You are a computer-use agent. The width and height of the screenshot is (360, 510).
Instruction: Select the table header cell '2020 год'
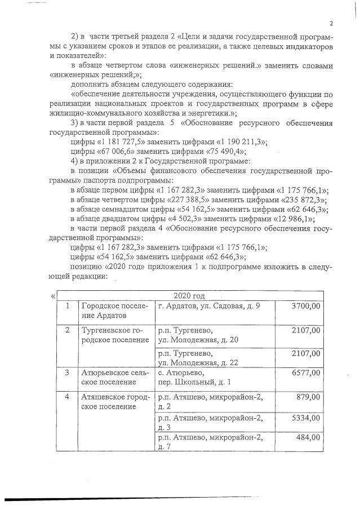pos(190,295)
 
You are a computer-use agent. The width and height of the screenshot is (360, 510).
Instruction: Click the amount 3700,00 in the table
pos(306,306)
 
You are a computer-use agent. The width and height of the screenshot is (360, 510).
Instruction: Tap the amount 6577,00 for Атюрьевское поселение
pos(306,372)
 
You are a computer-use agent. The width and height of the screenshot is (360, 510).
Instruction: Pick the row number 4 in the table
pos(67,397)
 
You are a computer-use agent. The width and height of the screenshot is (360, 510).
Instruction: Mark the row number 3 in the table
pos(67,372)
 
